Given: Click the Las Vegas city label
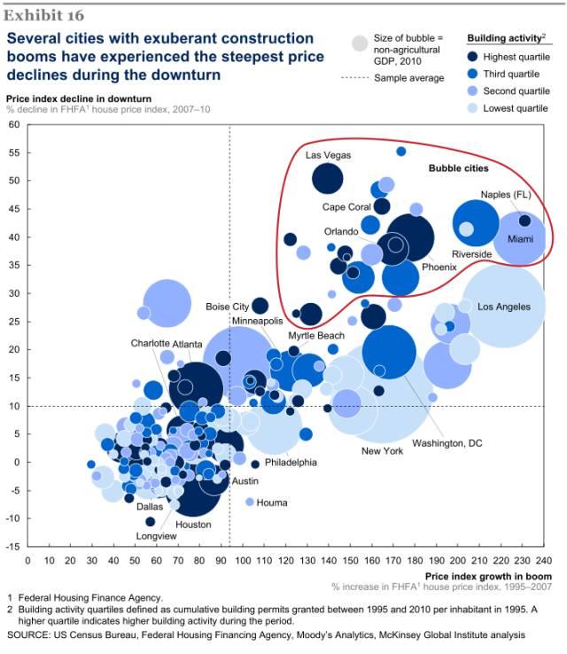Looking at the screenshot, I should pos(329,155).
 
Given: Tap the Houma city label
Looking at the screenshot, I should pos(272,502).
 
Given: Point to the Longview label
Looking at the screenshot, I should pos(156,535).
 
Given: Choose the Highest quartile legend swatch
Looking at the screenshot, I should pos(475,56).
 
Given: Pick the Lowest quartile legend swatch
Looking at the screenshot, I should pos(475,109).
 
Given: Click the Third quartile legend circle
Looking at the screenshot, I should pos(475,74).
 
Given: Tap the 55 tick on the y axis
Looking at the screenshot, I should pos(14,152).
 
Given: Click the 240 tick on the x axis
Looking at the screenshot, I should pos(544,560).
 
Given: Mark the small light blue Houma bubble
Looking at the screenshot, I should pos(250,502).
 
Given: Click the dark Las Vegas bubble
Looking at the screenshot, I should pos(327,179).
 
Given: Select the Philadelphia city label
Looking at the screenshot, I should pos(290,462).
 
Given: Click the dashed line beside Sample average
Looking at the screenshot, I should pos(354,78).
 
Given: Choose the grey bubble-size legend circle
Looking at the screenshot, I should pos(360,43).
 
